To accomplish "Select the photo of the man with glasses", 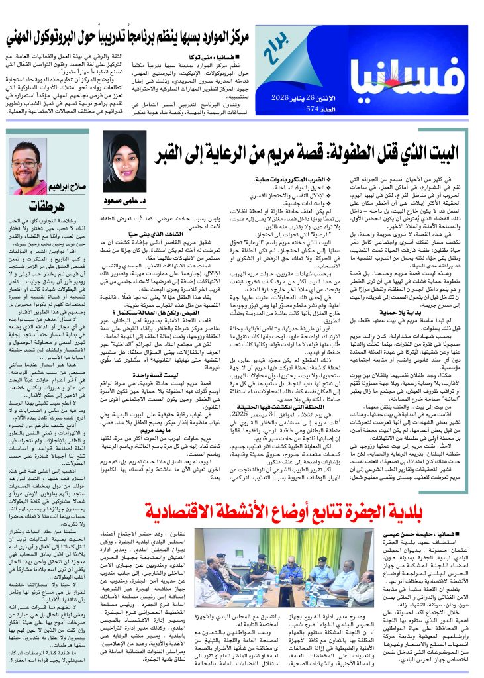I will click(29, 167).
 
